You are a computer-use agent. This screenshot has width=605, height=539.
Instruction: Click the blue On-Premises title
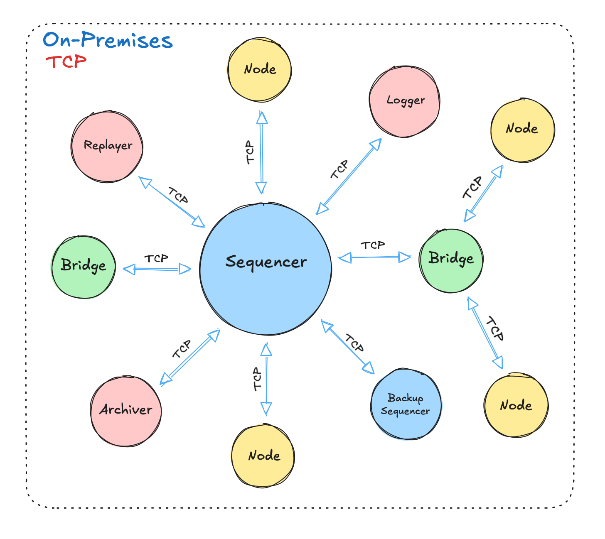pyautogui.click(x=108, y=40)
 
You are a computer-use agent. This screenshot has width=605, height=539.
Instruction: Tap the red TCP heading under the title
pyautogui.click(x=66, y=62)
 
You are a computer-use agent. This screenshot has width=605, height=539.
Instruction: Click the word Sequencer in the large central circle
pyautogui.click(x=266, y=262)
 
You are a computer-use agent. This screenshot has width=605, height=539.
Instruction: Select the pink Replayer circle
pyautogui.click(x=107, y=146)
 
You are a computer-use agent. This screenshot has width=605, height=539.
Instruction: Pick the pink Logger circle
pyautogui.click(x=404, y=101)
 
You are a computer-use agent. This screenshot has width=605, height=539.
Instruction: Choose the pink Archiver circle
pyautogui.click(x=126, y=411)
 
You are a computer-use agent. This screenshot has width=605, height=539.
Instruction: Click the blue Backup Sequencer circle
pyautogui.click(x=406, y=404)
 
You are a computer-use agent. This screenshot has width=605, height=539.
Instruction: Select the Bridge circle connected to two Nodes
pyautogui.click(x=451, y=261)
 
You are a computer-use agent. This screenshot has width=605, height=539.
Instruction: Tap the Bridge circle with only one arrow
pyautogui.click(x=83, y=267)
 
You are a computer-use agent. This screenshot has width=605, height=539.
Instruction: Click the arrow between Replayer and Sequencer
pyautogui.click(x=171, y=201)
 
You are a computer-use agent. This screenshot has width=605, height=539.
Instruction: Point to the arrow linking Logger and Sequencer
pyautogui.click(x=349, y=176)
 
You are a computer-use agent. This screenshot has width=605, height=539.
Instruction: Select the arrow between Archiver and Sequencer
pyautogui.click(x=190, y=358)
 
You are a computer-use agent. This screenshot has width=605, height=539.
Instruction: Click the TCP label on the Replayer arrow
pyautogui.click(x=178, y=195)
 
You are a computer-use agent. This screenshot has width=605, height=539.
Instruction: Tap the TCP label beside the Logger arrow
pyautogui.click(x=339, y=170)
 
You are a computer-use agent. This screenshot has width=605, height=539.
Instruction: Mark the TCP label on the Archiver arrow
pyautogui.click(x=182, y=349)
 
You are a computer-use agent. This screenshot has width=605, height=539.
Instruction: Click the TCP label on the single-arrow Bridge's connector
pyautogui.click(x=156, y=259)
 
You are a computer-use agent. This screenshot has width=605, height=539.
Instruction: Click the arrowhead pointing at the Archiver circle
pyautogui.click(x=165, y=379)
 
